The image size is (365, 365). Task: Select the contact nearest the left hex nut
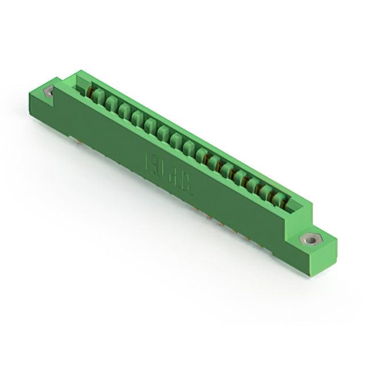pos(98,95)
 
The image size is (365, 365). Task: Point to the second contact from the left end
pos(111,103)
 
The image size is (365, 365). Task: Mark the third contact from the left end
pos(124,110)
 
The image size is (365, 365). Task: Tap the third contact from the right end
pos(253,184)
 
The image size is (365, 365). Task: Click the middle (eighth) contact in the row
pos(189,147)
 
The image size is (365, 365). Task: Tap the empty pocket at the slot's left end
pos(83,87)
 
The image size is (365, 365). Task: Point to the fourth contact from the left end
pos(137,117)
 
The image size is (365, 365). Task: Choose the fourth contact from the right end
pos(240,176)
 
